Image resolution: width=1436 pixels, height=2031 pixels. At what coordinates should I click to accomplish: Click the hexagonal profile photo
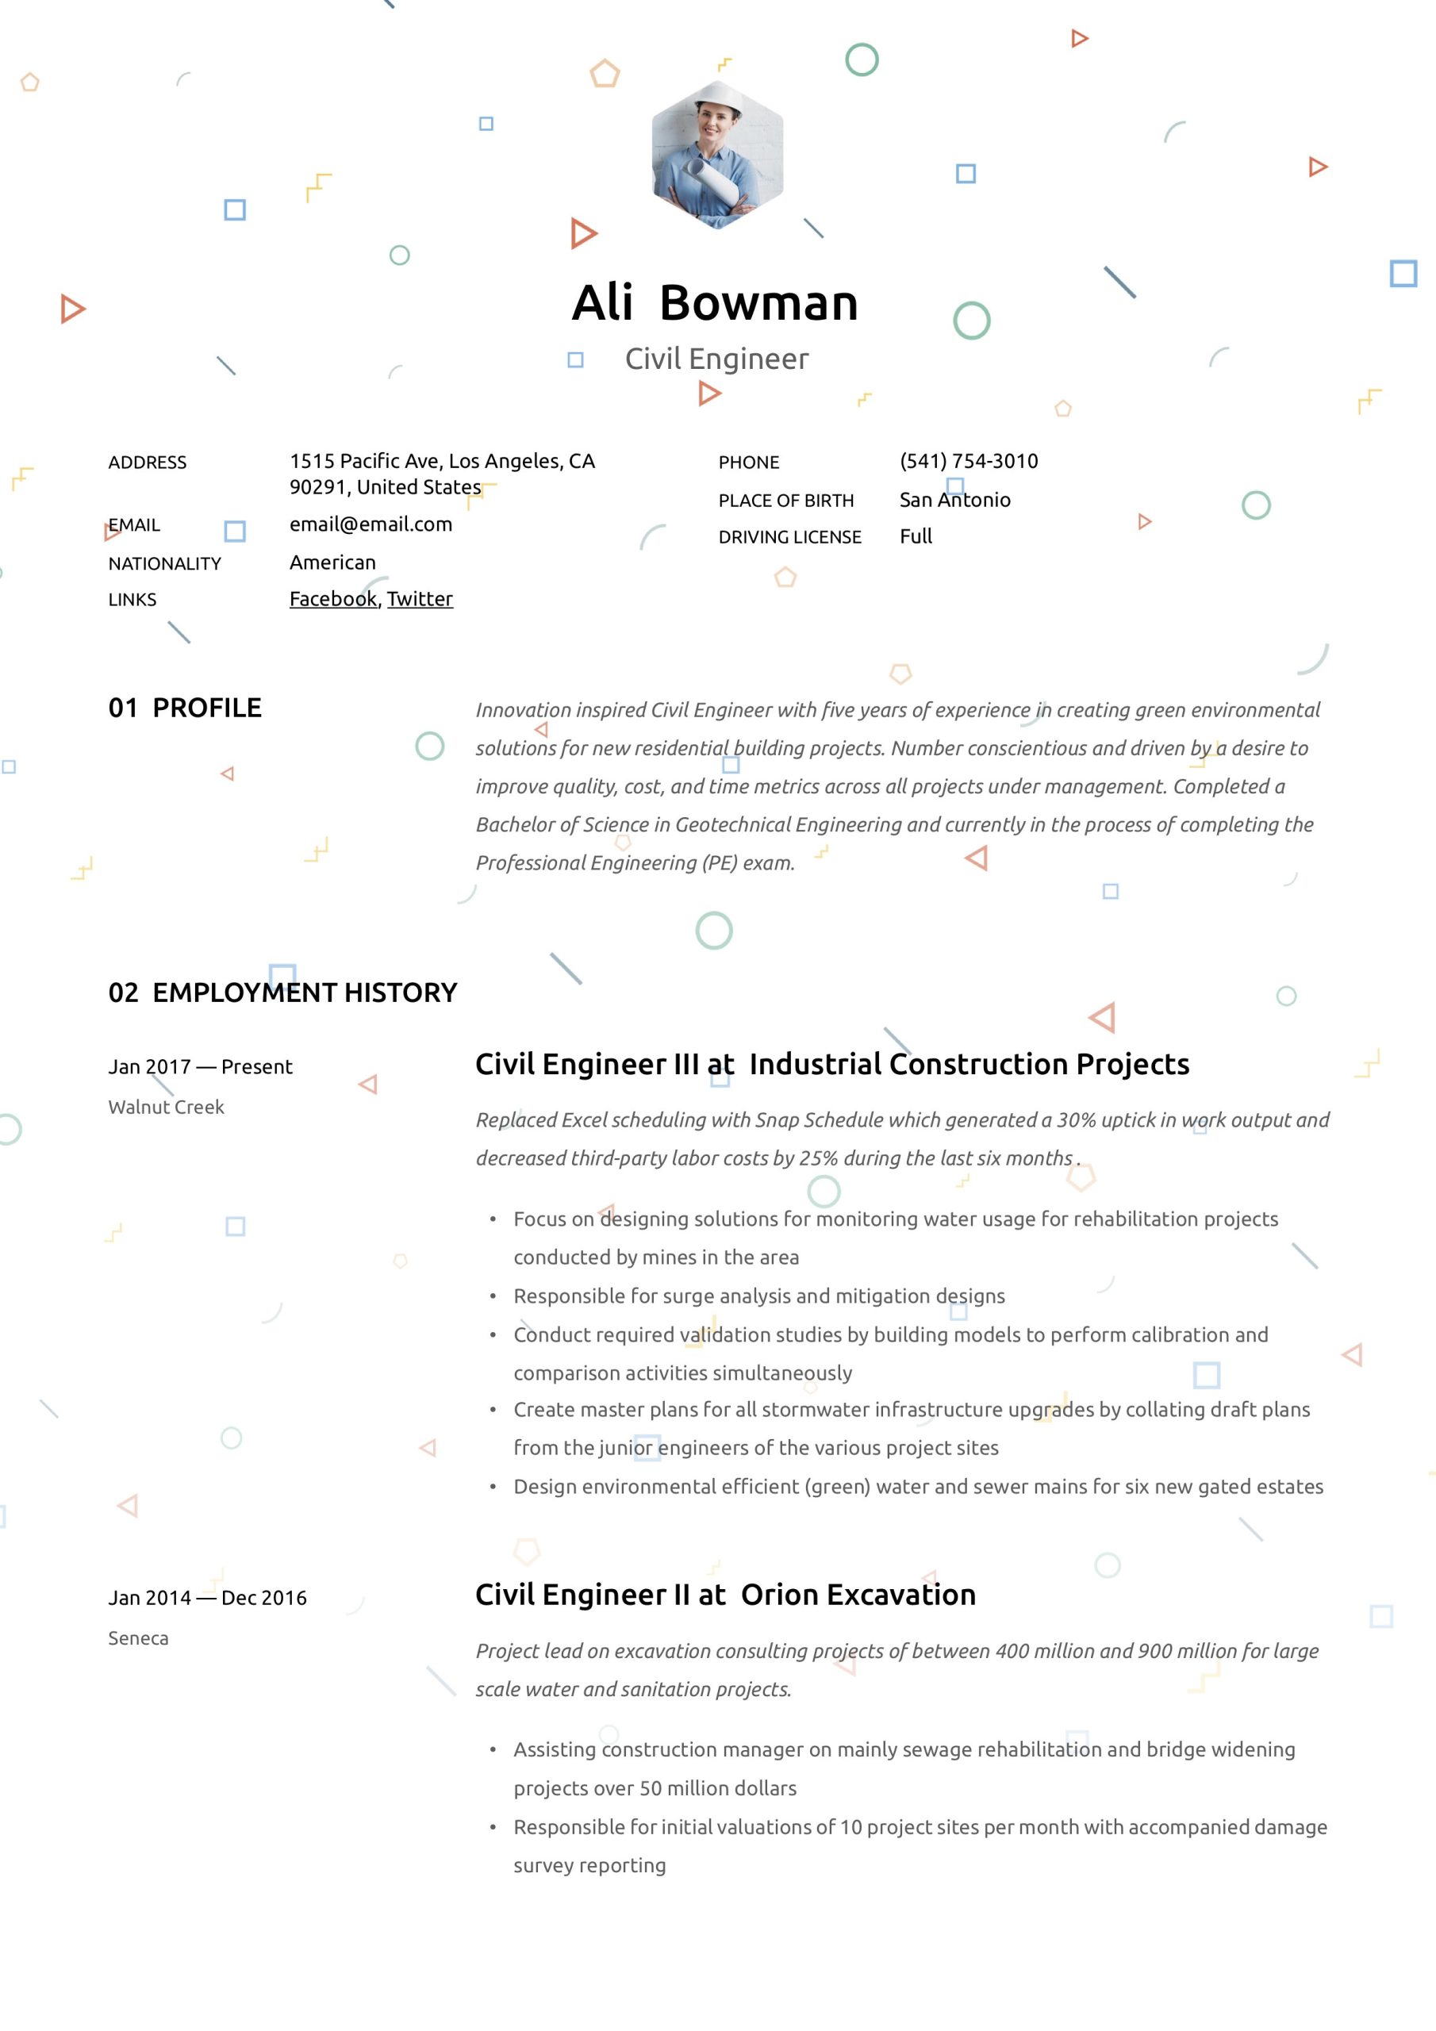pos(716,155)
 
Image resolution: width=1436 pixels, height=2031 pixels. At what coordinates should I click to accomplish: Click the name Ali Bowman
pos(715,302)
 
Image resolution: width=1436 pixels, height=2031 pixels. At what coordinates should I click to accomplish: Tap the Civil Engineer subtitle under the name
pos(716,359)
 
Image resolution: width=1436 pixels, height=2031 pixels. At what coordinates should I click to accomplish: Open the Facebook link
pos(332,599)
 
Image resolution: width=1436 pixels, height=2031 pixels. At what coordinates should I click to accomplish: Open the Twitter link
pos(420,599)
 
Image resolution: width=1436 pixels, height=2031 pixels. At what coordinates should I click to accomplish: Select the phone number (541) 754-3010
pos(968,461)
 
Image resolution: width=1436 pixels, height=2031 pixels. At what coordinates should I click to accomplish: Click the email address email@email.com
pos(371,524)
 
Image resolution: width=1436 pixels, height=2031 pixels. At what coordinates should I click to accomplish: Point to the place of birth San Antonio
pos(954,500)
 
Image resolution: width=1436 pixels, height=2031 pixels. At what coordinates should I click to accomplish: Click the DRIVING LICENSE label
pos(789,537)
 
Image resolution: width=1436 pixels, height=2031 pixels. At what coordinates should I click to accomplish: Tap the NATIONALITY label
pos(164,563)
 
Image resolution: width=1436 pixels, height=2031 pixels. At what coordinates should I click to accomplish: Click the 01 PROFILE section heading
pos(185,708)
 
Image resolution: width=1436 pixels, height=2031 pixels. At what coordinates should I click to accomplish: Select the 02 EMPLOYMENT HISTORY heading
pos(282,992)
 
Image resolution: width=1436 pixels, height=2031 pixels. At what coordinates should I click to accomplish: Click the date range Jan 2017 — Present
pos(200,1067)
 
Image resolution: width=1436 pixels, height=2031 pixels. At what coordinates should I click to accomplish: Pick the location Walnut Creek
pos(167,1107)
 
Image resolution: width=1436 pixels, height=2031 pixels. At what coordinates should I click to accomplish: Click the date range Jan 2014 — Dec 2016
pos(207,1598)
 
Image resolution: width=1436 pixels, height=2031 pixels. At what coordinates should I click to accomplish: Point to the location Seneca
pos(138,1638)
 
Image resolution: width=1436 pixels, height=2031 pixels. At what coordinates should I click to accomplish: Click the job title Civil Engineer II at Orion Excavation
pos(724,1594)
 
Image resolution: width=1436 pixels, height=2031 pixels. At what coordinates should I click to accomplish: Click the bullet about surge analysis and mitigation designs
pos(758,1296)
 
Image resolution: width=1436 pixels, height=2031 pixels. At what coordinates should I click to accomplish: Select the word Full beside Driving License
pos(916,536)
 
